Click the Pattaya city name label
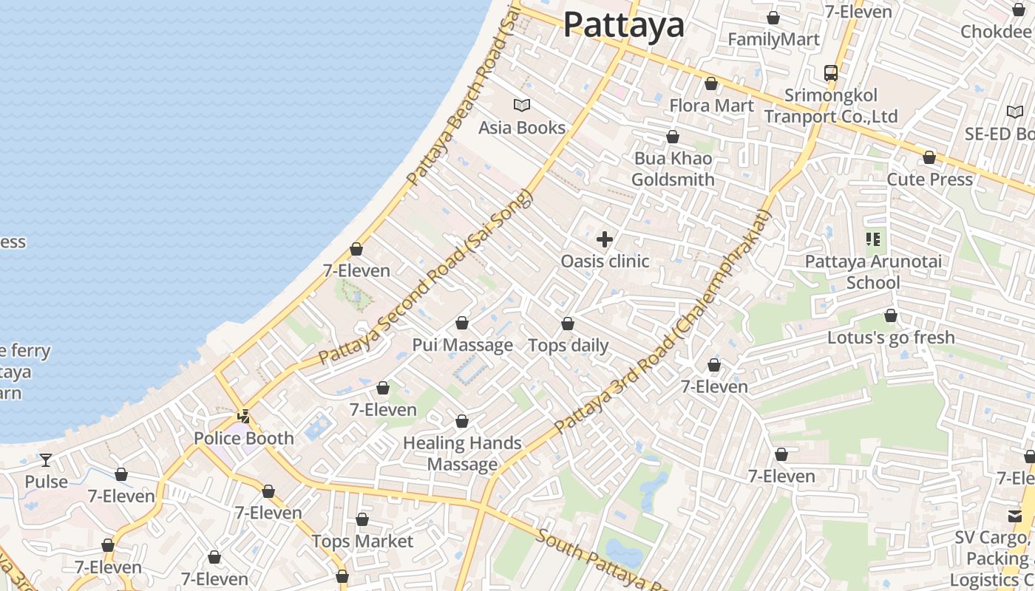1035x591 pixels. (624, 25)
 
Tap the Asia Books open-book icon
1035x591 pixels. (522, 106)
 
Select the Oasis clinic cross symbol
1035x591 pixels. (605, 239)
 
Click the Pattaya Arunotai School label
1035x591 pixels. (873, 272)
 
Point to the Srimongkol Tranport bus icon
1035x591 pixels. (831, 73)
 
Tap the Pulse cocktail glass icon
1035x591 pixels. (46, 460)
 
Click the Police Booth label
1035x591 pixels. (244, 438)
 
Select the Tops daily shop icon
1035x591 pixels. (568, 324)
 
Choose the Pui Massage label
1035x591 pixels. (462, 345)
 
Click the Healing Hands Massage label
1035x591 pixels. (462, 454)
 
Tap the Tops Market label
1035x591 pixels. (362, 542)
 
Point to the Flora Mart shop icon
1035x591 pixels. (711, 84)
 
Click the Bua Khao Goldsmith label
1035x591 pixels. (673, 169)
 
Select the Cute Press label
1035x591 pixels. (929, 180)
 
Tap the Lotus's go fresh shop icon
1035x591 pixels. (891, 316)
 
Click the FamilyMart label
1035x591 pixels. (773, 39)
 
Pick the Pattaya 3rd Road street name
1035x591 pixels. (662, 323)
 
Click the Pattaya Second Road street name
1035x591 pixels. (425, 278)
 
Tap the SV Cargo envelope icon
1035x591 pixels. (1015, 516)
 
